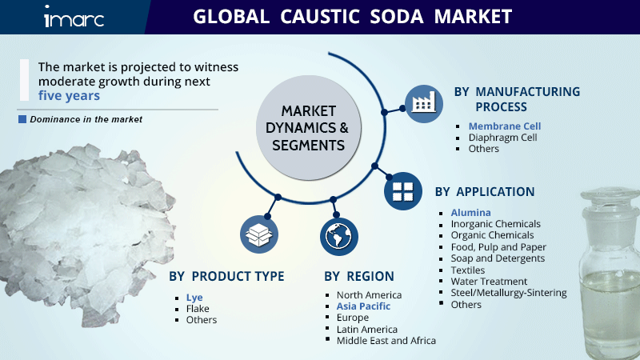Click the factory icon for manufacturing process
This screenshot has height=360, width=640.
pos(424,103)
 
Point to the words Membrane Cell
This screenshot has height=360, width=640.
pos(505,126)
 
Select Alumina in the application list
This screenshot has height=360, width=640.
pos(471,212)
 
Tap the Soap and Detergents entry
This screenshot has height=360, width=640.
pos(498,258)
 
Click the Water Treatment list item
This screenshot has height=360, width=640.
pos(489,282)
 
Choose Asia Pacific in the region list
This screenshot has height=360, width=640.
pos(363,306)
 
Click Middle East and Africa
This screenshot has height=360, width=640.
pos(386,340)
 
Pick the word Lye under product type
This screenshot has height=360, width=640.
pos(194,297)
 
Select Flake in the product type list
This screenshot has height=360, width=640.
pos(198,308)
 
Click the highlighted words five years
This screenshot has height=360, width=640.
pos(70,95)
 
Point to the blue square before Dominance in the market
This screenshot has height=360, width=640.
pos(22,119)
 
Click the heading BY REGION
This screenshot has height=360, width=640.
pos(358,276)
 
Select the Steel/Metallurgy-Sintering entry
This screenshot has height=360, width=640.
pos(509,293)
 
